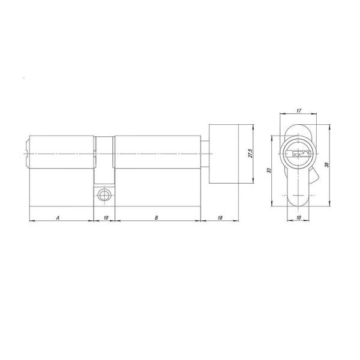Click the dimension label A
(58, 218)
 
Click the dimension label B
(156, 218)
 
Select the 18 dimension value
(220, 218)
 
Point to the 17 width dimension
(299, 110)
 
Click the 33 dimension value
(269, 170)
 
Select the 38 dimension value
(327, 166)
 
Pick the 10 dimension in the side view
(106, 218)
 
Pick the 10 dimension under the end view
(299, 217)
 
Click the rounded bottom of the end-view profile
(299, 198)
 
